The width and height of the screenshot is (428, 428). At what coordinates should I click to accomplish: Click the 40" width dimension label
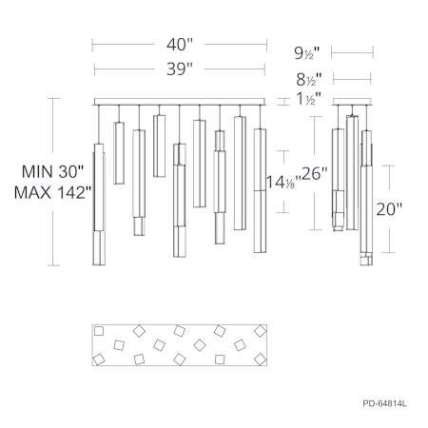tap(180, 45)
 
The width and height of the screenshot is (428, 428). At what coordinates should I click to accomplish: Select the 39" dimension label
tap(180, 68)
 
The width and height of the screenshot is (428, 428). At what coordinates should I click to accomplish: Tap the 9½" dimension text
tap(307, 53)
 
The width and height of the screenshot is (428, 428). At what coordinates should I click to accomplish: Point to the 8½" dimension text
tap(309, 79)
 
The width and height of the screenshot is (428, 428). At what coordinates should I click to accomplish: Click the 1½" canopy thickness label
tap(309, 99)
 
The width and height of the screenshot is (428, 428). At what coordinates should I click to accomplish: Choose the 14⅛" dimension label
tap(282, 182)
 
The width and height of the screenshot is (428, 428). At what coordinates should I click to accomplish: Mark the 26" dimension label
tap(314, 173)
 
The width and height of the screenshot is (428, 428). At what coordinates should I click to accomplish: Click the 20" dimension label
tap(389, 209)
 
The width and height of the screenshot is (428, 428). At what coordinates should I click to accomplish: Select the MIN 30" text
tap(52, 172)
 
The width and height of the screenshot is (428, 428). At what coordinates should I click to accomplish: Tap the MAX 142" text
tap(53, 192)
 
